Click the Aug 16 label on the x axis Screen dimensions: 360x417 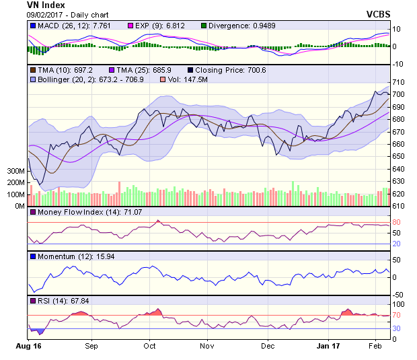[x=28, y=347]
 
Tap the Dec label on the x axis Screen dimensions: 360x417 [x=268, y=347]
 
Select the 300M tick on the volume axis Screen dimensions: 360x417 [x=15, y=172]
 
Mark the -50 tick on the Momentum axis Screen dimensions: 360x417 [x=397, y=295]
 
